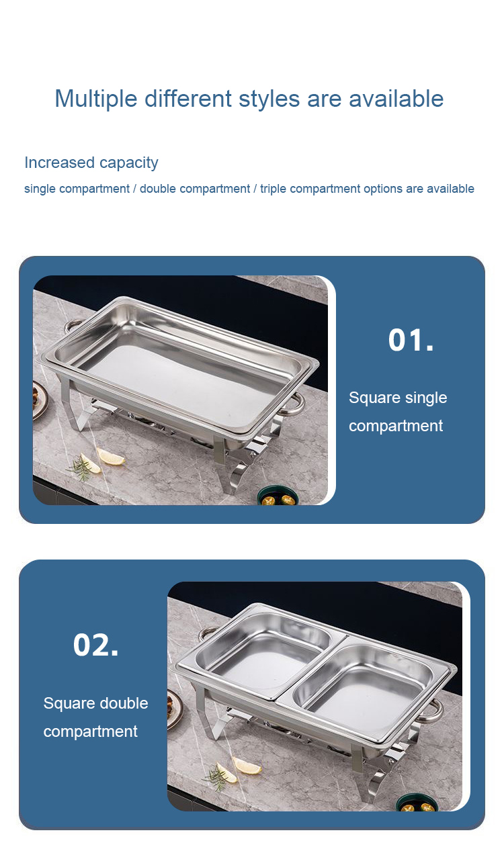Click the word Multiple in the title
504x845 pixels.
pos(96,99)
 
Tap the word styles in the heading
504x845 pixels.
pos(269,99)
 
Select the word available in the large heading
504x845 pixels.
pos(396,99)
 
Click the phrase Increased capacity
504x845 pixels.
pos(91,163)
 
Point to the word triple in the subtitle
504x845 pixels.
pos(273,189)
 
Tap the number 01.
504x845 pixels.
pos(411,340)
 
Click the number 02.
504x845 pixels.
pos(95,645)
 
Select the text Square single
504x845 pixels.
pos(398,398)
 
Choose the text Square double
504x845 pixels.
pos(95,703)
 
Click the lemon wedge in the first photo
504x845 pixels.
pos(110,457)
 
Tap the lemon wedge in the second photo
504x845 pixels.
pos(246,766)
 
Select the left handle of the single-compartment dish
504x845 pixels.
pos(74,324)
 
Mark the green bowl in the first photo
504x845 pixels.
pos(278,496)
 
